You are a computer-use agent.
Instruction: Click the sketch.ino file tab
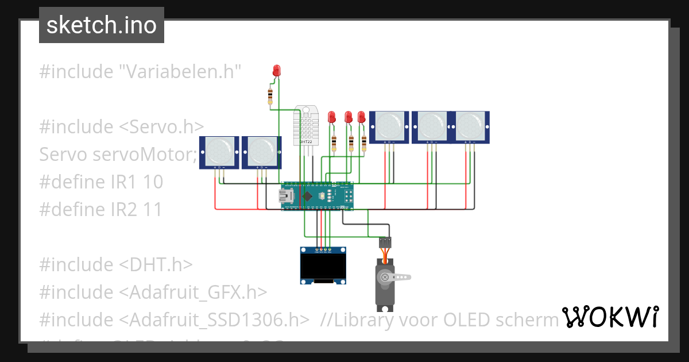point(102,25)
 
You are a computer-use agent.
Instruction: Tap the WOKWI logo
point(610,317)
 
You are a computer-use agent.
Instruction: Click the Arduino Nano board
point(317,196)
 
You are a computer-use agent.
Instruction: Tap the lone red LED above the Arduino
point(277,71)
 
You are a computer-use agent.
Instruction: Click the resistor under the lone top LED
point(270,96)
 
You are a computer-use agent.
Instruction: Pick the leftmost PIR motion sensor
point(218,152)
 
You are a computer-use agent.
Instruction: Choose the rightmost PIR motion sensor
point(471,126)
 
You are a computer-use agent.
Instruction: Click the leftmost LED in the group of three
point(331,117)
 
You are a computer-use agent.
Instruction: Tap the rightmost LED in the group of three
point(361,117)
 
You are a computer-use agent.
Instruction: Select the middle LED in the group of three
point(348,117)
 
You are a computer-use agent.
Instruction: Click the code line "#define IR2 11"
point(101,210)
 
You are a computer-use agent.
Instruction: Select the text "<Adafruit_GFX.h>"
point(193,292)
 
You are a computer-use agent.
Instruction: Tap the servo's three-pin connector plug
point(385,242)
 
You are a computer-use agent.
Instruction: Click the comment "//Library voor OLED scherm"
point(439,319)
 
